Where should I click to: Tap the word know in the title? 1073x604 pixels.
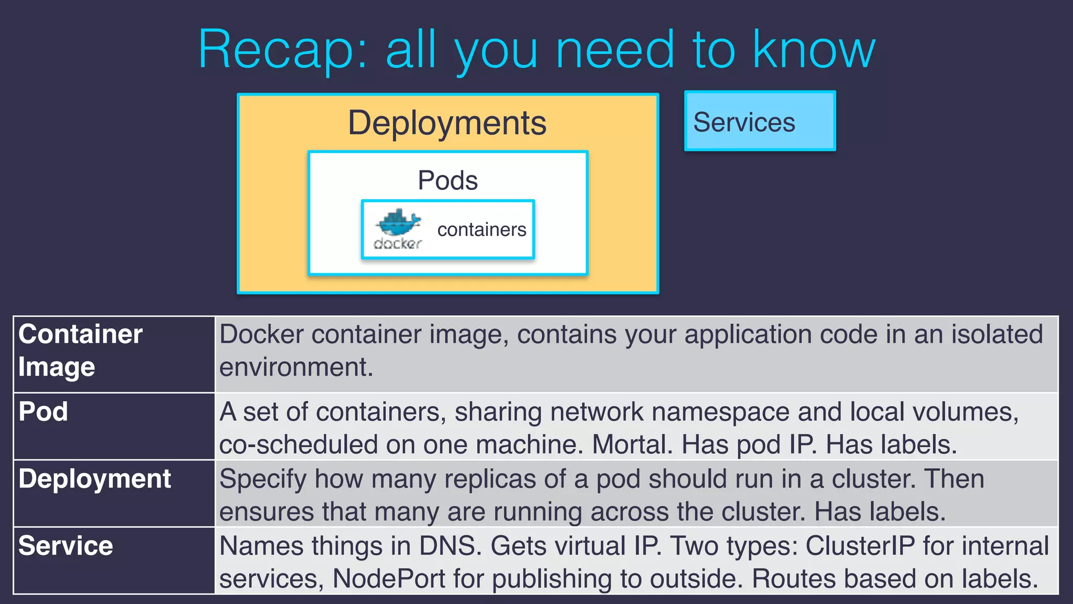(x=814, y=49)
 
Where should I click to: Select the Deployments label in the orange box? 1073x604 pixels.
(x=447, y=123)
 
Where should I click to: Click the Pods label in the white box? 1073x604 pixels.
(x=447, y=180)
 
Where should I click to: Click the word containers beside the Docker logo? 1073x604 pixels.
(x=481, y=230)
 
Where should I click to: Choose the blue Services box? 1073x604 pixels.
(x=760, y=121)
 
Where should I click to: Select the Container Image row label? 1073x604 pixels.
(x=80, y=350)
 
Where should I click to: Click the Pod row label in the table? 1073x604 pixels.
(x=43, y=412)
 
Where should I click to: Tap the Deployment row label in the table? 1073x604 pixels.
(x=95, y=479)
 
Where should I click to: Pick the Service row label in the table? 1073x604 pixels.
(x=65, y=546)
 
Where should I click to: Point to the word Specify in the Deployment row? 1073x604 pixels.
(x=262, y=480)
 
